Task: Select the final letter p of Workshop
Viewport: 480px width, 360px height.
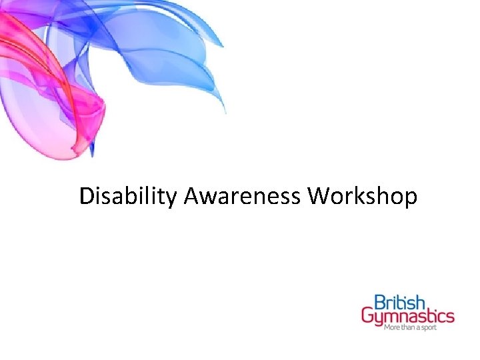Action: (411, 199)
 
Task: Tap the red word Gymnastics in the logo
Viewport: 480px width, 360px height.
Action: (408, 315)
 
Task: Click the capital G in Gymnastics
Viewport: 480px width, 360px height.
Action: (368, 315)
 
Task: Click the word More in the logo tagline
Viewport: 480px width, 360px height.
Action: (392, 328)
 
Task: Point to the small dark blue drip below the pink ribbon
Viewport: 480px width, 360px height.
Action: (93, 152)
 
